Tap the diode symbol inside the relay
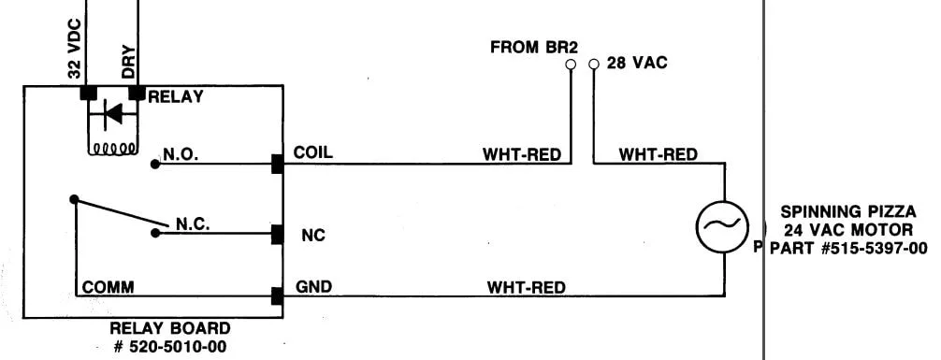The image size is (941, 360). pyautogui.click(x=112, y=113)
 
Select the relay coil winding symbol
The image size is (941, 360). pyautogui.click(x=112, y=148)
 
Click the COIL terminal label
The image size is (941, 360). pyautogui.click(x=312, y=152)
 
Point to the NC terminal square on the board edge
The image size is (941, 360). pyautogui.click(x=277, y=234)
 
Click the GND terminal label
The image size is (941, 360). pyautogui.click(x=313, y=287)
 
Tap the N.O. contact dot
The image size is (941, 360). pyautogui.click(x=155, y=164)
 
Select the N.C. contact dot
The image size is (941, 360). pyautogui.click(x=155, y=233)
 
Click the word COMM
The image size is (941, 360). pyautogui.click(x=108, y=287)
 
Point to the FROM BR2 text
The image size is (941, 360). pyautogui.click(x=533, y=48)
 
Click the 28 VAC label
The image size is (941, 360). pyautogui.click(x=637, y=63)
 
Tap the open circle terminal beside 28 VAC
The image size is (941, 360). pyautogui.click(x=594, y=64)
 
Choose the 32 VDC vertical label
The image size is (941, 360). pyautogui.click(x=75, y=49)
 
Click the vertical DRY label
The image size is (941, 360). pyautogui.click(x=128, y=63)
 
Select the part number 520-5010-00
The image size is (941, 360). pyautogui.click(x=169, y=346)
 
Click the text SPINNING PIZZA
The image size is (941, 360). pyautogui.click(x=848, y=212)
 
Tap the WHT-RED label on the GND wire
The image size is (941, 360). pyautogui.click(x=526, y=287)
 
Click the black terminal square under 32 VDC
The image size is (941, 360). pyautogui.click(x=88, y=93)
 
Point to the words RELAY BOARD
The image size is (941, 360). pyautogui.click(x=170, y=329)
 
